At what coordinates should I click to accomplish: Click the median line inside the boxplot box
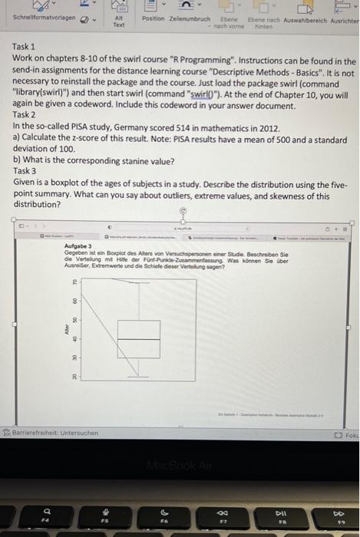point(139,338)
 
